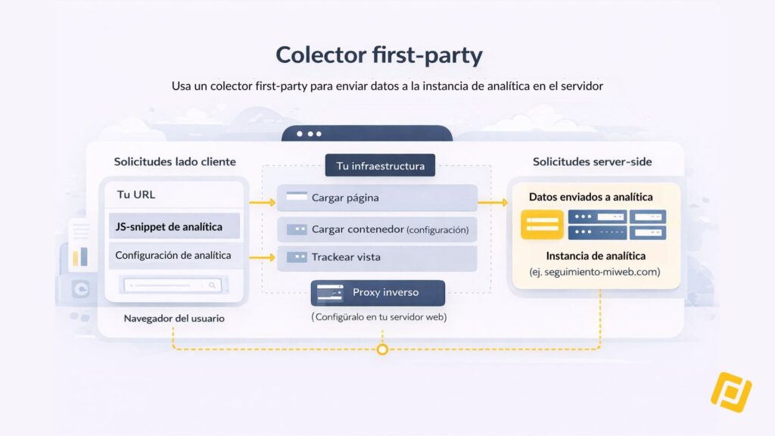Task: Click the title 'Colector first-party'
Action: (x=379, y=54)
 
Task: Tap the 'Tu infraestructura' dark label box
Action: (x=380, y=166)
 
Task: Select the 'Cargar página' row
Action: (x=377, y=198)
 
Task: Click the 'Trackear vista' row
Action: (x=377, y=257)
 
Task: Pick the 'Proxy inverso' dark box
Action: (x=378, y=293)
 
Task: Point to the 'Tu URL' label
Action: (x=136, y=195)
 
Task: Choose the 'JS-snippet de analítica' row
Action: (x=175, y=226)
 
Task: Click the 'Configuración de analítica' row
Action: (x=175, y=256)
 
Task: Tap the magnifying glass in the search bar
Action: (x=212, y=285)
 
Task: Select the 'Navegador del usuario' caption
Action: (x=174, y=319)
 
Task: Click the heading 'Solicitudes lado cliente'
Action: (x=175, y=162)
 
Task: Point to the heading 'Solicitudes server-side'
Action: (x=592, y=162)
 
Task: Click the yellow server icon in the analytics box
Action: (x=542, y=224)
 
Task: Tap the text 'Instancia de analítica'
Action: (x=596, y=256)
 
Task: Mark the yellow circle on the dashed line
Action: (x=382, y=350)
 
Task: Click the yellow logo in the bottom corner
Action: (x=731, y=392)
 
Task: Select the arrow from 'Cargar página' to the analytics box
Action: (x=493, y=202)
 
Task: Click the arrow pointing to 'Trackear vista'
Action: (x=263, y=257)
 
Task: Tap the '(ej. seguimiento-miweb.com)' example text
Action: (x=595, y=272)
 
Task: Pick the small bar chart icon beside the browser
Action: (x=80, y=257)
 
